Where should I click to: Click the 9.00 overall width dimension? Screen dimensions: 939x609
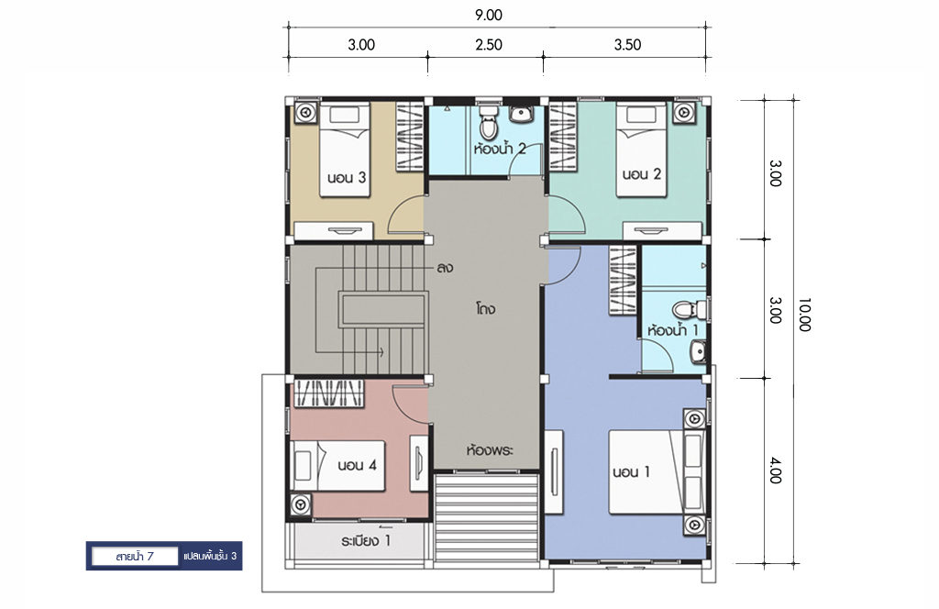[x=489, y=16]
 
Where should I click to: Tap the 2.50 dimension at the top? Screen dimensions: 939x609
[x=489, y=45]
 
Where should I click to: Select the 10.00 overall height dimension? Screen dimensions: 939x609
[x=803, y=315]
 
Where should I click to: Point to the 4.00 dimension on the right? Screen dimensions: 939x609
[x=775, y=471]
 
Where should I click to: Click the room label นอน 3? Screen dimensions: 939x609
[x=347, y=177]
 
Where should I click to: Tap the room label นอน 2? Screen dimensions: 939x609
[x=641, y=174]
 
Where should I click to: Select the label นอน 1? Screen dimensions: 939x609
[x=631, y=471]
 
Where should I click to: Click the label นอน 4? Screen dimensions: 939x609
[x=357, y=465]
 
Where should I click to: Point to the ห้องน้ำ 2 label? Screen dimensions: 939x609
[x=500, y=148]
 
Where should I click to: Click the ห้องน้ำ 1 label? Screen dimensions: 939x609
[x=672, y=329]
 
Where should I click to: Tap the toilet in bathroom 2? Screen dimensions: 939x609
[x=490, y=122]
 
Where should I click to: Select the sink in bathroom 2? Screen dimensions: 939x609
[x=521, y=114]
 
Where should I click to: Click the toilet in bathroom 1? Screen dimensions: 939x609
[x=690, y=310]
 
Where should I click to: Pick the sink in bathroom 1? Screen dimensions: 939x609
[x=698, y=352]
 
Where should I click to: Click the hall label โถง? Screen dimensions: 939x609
[x=486, y=310]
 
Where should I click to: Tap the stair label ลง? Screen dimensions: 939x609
[x=445, y=268]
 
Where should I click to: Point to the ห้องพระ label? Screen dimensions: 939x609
[x=490, y=450]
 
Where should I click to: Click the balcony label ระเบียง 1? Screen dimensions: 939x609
[x=366, y=541]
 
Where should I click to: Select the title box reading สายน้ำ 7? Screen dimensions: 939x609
[x=135, y=557]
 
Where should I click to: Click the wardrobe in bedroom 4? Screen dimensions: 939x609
[x=327, y=393]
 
